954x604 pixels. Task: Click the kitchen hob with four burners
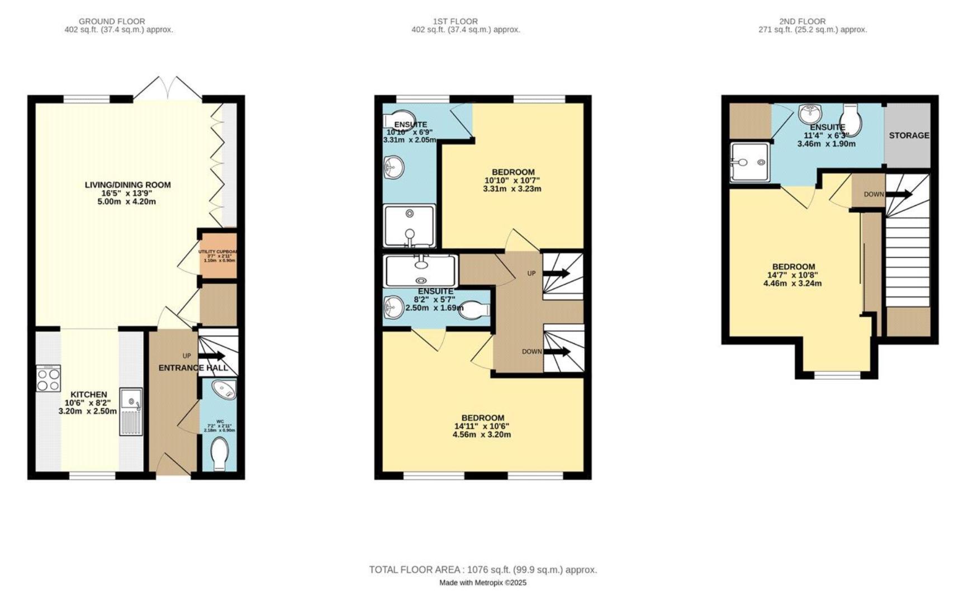[x=48, y=379]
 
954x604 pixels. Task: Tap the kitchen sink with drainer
[x=131, y=412]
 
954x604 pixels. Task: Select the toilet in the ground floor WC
[x=221, y=453]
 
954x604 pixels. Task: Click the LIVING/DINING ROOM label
[x=127, y=185]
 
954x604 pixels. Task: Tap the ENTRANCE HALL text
[x=193, y=367]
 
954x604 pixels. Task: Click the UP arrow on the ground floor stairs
[x=212, y=356]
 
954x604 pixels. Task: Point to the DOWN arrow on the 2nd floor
[x=899, y=195]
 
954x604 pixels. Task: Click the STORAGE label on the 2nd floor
[x=909, y=135]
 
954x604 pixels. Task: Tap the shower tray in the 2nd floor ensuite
[x=750, y=162]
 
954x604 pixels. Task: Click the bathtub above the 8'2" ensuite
[x=421, y=271]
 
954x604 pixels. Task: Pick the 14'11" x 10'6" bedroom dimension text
[x=482, y=426]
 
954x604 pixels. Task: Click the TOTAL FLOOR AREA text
[x=482, y=570]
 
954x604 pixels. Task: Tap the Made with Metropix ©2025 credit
[x=482, y=583]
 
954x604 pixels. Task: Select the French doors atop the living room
[x=168, y=89]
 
